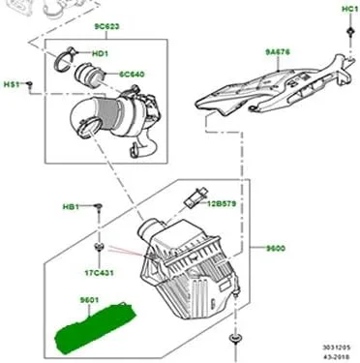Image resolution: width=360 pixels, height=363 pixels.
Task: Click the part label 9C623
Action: pos(106,26)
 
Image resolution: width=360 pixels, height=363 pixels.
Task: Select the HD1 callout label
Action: pos(100,53)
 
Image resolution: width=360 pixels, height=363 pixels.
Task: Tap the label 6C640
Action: pos(132,75)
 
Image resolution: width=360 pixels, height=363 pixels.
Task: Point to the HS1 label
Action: pos(12,84)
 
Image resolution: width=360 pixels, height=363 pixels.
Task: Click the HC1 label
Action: pos(349,10)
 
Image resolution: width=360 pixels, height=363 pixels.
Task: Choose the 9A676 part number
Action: pos(278,52)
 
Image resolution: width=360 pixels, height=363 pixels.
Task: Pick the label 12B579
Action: pos(222,203)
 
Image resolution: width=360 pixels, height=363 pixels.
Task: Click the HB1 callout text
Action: pos(71,206)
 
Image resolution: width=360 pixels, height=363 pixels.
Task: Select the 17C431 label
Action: pos(99,273)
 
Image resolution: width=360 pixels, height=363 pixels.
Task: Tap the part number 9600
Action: pos(276,248)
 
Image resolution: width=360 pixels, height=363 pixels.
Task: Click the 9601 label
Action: pos(89,300)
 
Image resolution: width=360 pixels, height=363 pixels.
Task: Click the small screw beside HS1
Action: pos(29,84)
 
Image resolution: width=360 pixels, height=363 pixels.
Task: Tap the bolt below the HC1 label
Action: pos(349,32)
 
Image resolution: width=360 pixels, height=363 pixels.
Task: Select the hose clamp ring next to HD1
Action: pos(63,61)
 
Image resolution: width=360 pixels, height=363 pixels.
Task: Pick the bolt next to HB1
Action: pos(99,207)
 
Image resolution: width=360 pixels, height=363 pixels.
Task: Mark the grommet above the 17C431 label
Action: pos(99,248)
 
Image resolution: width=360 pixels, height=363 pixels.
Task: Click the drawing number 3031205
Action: pos(337,348)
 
